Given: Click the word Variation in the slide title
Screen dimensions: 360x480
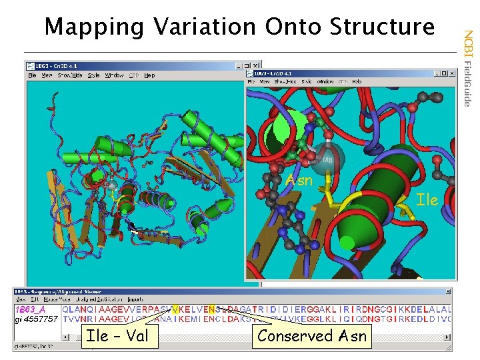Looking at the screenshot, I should pos(203,27).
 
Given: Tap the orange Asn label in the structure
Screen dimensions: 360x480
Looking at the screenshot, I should pos(299,181).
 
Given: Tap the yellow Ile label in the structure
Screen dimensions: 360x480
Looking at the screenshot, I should pos(427,199).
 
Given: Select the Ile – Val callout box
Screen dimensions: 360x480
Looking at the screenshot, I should pos(118,335).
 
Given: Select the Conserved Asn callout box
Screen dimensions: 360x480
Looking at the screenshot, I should pos(312,335).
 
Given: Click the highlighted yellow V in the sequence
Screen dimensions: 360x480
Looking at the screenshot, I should pos(175,309).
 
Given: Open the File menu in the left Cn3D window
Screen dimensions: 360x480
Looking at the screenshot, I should pos(32,75).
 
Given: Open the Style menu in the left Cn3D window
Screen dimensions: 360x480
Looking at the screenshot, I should pos(93,75).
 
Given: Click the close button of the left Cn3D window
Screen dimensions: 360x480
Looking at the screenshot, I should pos(255,66).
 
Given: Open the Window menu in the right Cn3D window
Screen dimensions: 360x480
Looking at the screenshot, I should pos(325,81).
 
